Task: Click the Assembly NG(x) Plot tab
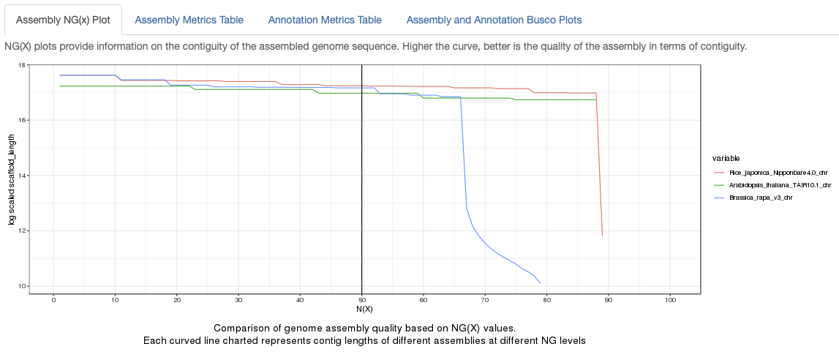[x=63, y=20]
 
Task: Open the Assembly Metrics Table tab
[x=189, y=20]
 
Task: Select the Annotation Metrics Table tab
[x=325, y=20]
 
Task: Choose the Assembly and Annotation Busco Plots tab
[x=494, y=20]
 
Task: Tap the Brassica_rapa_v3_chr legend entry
[x=761, y=198]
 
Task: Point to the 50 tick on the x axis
[x=362, y=300]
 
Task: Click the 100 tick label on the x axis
[x=670, y=300]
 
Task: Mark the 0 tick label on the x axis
[x=53, y=300]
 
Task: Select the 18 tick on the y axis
[x=21, y=65]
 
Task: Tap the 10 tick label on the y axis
[x=21, y=286]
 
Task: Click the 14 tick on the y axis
[x=21, y=176]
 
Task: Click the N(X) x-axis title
[x=365, y=310]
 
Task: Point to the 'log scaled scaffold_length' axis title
[x=12, y=179]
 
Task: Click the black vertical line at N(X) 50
[x=362, y=183]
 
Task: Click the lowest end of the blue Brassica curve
[x=541, y=283]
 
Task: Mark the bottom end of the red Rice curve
[x=602, y=236]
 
